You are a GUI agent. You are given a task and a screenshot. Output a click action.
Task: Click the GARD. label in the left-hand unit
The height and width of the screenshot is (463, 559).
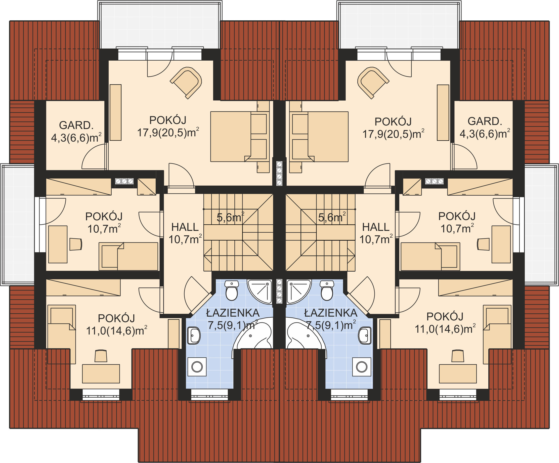coord(76,125)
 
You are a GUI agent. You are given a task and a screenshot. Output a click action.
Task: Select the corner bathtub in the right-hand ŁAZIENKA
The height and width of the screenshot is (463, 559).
coord(306,336)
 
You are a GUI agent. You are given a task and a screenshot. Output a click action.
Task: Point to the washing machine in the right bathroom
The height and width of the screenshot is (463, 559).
coord(362,367)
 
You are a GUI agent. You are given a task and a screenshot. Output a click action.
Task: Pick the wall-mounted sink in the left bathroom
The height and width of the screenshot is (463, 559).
coord(194,336)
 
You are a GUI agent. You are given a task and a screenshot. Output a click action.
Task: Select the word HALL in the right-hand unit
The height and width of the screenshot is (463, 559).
coord(376,227)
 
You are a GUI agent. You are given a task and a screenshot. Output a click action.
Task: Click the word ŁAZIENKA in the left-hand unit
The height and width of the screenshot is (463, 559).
coord(233,313)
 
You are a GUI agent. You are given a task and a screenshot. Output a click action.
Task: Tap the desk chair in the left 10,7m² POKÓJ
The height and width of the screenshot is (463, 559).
coord(76,244)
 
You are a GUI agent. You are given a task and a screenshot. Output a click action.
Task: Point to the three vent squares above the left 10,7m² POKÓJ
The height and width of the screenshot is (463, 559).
coord(124,181)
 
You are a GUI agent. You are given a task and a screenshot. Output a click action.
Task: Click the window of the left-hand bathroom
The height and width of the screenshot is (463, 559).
coord(209,395)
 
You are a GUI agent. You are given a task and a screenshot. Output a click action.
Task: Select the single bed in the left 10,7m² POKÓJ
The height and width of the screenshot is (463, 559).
coord(128,256)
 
